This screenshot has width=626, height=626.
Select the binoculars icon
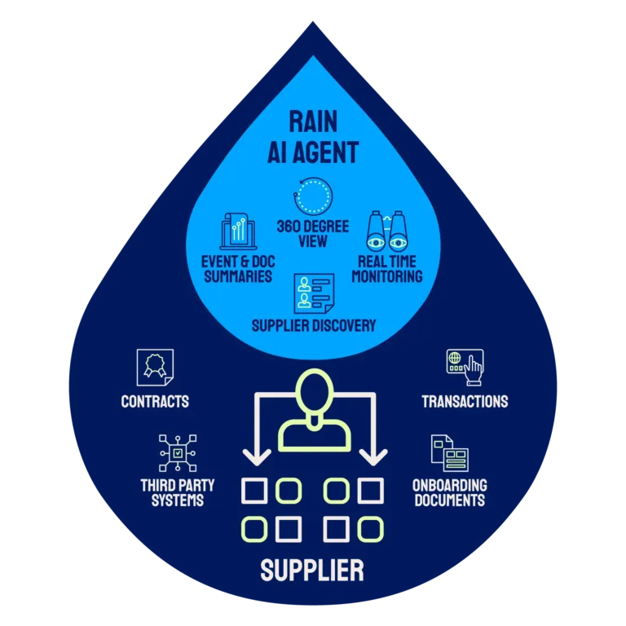point(386,231)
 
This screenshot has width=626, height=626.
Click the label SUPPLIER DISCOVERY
point(313,326)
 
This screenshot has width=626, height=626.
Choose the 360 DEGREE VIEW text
point(313,233)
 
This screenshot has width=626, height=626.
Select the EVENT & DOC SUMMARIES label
point(236,269)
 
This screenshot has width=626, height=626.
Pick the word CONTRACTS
point(155,401)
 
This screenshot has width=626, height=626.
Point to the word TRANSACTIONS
point(465,401)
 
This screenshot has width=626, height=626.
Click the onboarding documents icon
point(449,453)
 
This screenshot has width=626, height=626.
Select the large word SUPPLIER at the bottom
point(313,570)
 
